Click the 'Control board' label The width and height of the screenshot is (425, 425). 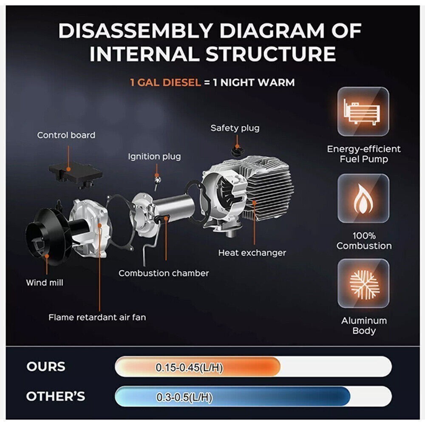click(x=66, y=135)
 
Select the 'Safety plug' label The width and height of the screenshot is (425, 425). click(x=235, y=128)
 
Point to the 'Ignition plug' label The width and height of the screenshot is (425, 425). click(x=154, y=156)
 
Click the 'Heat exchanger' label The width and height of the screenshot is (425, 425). click(x=252, y=252)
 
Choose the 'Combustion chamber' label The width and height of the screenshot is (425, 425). click(x=164, y=273)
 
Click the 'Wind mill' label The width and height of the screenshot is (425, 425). click(x=45, y=283)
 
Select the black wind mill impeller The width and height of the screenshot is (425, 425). click(x=48, y=237)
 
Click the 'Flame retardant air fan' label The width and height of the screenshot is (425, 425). click(x=97, y=317)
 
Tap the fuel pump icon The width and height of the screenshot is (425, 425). click(x=363, y=111)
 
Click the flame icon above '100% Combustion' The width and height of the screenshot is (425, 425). click(x=363, y=198)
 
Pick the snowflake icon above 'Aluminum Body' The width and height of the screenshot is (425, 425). click(x=363, y=283)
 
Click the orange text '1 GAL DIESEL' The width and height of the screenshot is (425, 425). click(x=165, y=82)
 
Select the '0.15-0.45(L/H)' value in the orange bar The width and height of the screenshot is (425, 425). click(x=189, y=368)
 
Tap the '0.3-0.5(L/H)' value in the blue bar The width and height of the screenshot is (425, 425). click(x=184, y=397)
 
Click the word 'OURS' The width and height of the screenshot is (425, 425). click(x=46, y=366)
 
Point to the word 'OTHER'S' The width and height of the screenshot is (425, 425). click(x=56, y=396)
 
